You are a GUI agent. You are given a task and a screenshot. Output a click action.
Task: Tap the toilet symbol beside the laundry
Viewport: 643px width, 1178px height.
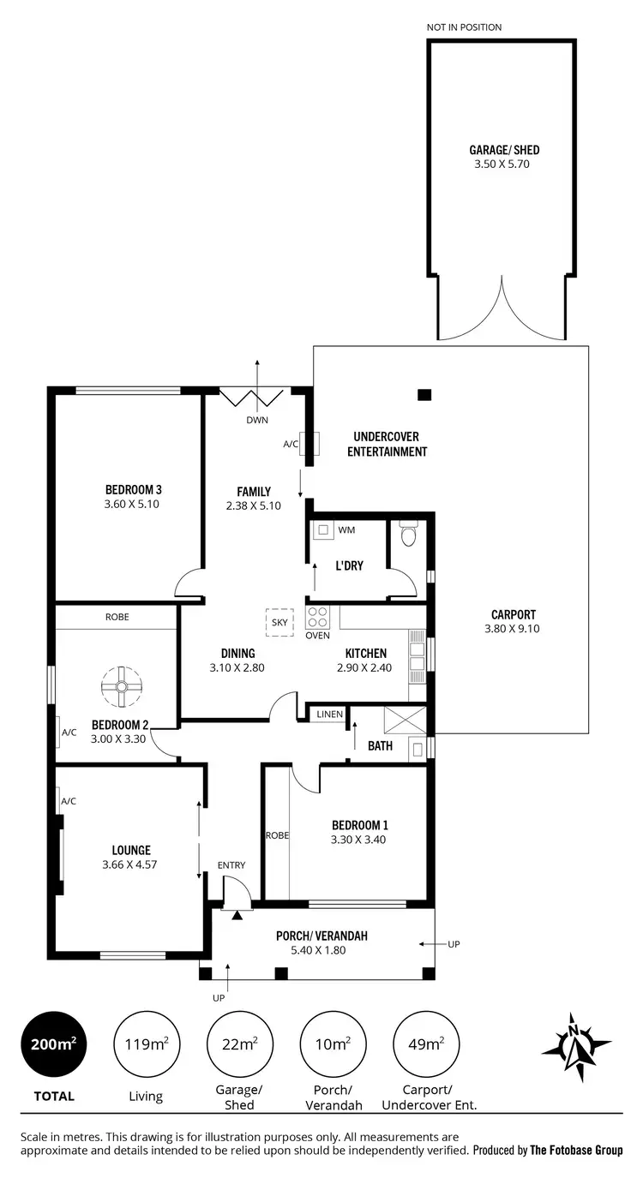point(407,536)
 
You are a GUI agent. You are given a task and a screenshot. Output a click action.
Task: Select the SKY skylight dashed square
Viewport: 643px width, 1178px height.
point(279,622)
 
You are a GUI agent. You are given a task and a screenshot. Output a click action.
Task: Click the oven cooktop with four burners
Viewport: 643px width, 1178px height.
point(317,617)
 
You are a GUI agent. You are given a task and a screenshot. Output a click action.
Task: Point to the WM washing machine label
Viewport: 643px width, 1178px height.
point(346,530)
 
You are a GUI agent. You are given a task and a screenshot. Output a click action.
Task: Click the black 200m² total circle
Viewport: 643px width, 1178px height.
point(54,1044)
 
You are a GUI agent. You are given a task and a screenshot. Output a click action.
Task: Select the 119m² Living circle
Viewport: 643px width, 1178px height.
point(146,1044)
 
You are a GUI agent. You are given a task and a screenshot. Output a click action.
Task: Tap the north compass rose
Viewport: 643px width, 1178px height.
point(576,1048)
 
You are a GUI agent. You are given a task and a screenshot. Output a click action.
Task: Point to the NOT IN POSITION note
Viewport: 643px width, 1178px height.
point(464,27)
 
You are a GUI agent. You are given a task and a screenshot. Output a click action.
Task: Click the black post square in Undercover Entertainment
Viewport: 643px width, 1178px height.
point(423,395)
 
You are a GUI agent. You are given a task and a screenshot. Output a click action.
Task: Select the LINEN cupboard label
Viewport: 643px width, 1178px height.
point(330,714)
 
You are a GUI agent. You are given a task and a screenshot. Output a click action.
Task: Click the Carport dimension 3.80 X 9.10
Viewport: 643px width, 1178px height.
point(514,628)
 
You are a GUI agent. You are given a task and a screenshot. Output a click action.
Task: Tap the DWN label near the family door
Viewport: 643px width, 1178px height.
point(257,421)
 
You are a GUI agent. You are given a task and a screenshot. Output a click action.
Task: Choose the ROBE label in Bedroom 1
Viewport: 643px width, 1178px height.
point(276,834)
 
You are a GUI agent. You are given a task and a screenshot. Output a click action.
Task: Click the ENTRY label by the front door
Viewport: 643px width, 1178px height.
point(231,865)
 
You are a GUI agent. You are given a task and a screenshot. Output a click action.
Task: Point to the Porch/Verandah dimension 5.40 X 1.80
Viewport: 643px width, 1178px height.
point(321,949)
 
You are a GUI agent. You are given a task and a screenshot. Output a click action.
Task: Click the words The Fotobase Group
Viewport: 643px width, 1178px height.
point(576,1151)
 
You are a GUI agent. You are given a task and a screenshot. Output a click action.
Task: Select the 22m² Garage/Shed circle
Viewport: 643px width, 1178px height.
point(239,1044)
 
